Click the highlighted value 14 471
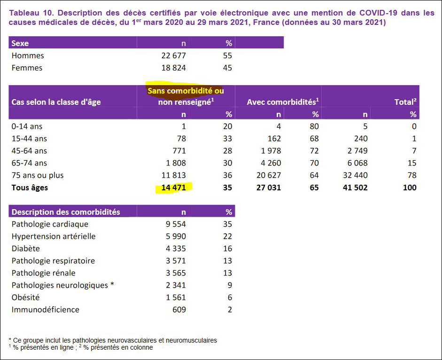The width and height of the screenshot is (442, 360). click(174, 188)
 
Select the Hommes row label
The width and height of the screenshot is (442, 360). click(28, 55)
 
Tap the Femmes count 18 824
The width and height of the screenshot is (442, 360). click(173, 68)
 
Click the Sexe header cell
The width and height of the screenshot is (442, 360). click(20, 43)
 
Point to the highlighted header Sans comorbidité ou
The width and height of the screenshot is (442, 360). click(186, 91)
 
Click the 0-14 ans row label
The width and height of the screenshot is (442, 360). click(27, 126)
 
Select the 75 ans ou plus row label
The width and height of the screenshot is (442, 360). click(38, 175)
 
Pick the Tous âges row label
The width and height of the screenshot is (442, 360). click(30, 188)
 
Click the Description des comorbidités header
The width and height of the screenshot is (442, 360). click(66, 212)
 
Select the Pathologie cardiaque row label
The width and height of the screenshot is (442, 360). click(50, 224)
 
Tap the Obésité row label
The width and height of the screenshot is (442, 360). click(25, 297)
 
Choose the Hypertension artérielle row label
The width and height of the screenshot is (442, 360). click(54, 236)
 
